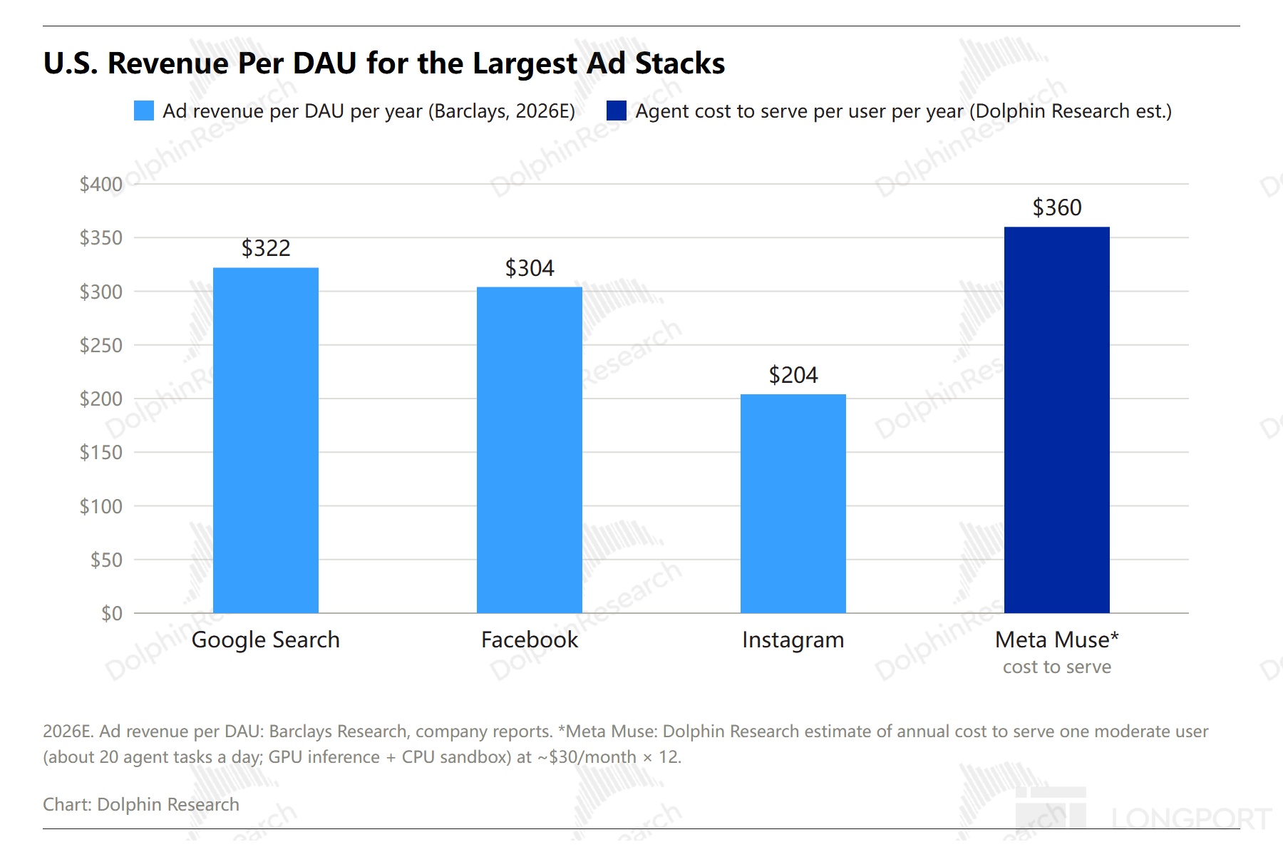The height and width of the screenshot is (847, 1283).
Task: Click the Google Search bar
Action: click(x=266, y=440)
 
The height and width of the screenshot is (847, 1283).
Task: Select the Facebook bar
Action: click(x=530, y=450)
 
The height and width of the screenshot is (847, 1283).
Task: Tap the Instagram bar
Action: click(x=793, y=503)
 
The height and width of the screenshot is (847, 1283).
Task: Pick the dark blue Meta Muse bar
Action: click(x=1057, y=420)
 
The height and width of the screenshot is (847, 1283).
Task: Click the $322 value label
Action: click(x=266, y=248)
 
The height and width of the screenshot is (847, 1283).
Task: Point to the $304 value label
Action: click(x=530, y=268)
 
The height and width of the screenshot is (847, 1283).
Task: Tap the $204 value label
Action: click(x=793, y=375)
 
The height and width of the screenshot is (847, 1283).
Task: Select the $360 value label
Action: click(x=1057, y=207)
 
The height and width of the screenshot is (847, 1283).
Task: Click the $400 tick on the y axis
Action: click(x=101, y=184)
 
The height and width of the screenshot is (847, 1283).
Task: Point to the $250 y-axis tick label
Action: click(x=101, y=345)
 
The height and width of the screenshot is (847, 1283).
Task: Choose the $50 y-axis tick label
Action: click(x=106, y=560)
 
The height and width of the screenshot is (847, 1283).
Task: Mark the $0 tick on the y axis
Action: click(x=112, y=613)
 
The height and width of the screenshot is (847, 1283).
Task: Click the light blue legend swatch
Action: click(x=144, y=111)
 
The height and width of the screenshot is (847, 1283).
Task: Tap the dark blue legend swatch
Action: click(x=617, y=111)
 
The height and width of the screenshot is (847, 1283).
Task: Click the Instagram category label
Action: click(x=793, y=640)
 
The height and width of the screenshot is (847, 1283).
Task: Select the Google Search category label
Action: click(x=266, y=640)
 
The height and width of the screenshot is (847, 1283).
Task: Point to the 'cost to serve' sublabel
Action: click(x=1057, y=667)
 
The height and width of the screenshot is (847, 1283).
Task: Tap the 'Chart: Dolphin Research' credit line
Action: click(x=141, y=804)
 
